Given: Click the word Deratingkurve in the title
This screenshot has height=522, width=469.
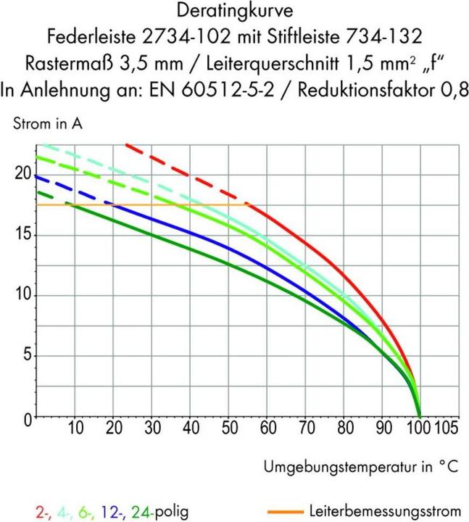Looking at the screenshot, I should coord(233,12).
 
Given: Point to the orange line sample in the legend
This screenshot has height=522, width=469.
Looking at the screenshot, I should coord(285,512).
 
